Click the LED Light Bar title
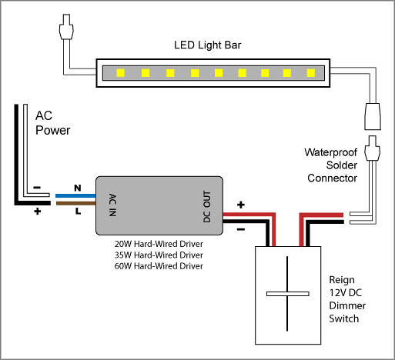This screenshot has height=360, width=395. point(207,45)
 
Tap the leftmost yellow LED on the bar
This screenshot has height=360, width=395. point(121,73)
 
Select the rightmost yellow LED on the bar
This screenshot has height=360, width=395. point(311,73)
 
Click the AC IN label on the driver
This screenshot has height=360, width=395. point(112,205)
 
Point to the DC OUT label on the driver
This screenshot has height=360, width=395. point(207,206)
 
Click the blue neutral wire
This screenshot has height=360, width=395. point(75,196)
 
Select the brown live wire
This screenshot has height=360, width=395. point(75,203)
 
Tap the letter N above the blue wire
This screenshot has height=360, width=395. point(78,188)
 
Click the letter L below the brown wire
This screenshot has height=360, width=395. point(78,212)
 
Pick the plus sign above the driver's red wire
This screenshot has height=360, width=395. point(241,205)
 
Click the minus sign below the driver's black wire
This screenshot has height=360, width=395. point(241,229)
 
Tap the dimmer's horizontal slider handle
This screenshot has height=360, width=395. point(287,294)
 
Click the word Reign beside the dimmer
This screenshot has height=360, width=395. point(342,280)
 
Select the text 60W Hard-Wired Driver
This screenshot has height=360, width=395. point(159,266)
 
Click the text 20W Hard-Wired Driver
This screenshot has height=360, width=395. point(159,244)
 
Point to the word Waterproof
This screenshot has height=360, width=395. point(330,152)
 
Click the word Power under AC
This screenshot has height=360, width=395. point(52,130)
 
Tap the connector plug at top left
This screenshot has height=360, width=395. point(66,27)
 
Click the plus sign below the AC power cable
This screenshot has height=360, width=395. point(38,212)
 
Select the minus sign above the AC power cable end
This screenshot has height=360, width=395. point(37,188)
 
